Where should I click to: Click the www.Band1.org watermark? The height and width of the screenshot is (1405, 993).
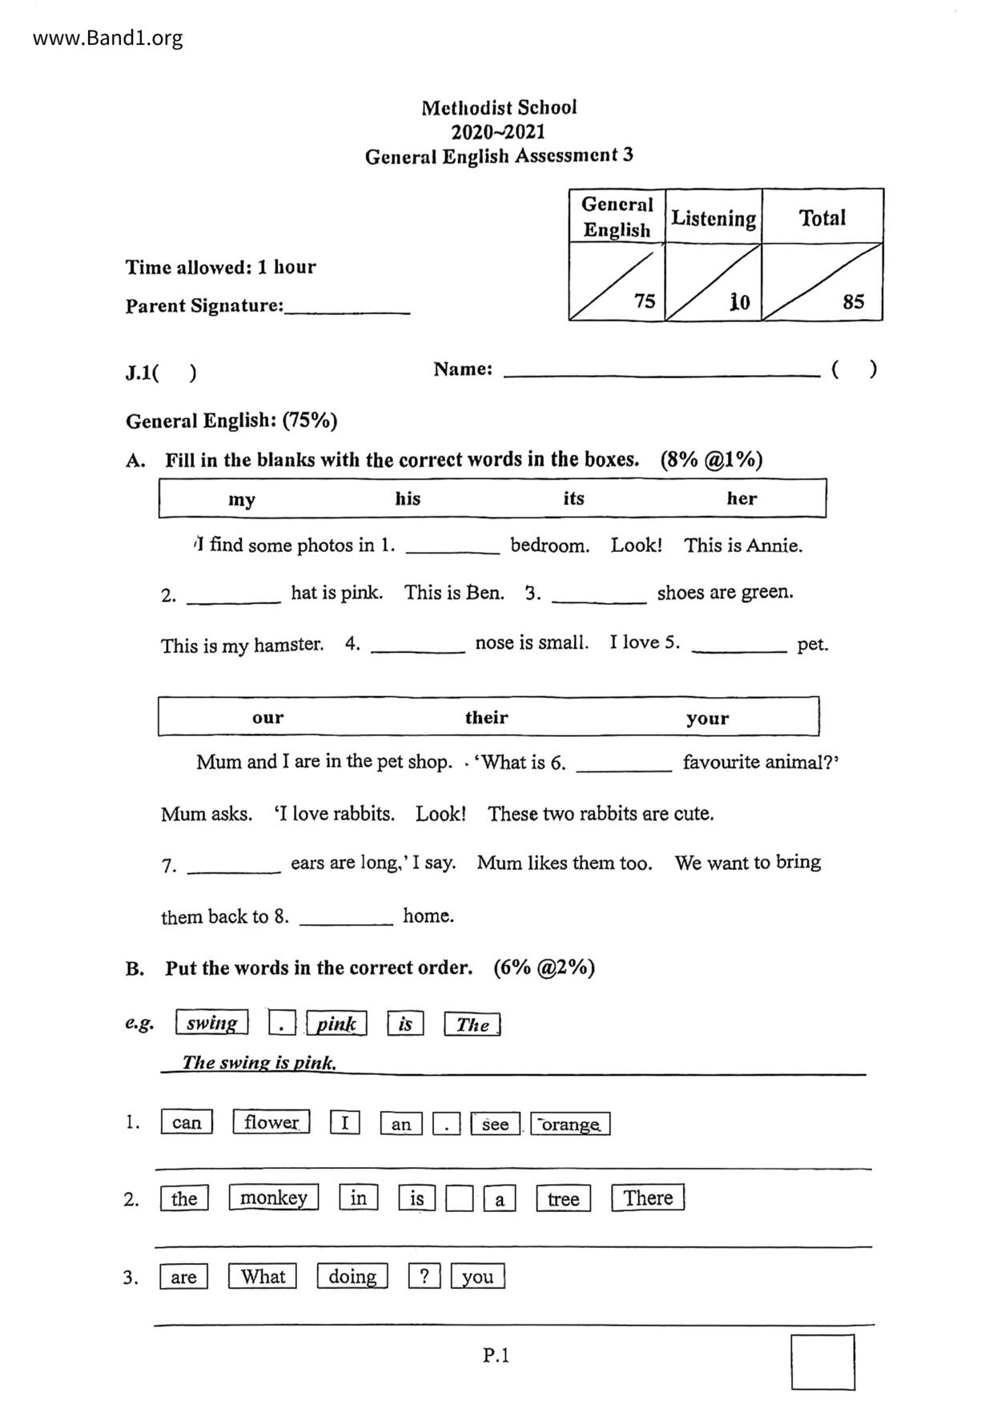pos(107,38)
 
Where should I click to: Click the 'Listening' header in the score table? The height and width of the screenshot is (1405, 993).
pos(713,218)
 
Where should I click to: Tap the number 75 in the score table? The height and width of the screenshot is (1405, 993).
pos(644,301)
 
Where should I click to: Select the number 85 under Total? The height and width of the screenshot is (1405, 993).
pos(853,301)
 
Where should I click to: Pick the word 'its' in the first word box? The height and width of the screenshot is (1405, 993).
pos(573,498)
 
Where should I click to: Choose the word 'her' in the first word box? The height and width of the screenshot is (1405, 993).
pos(742,498)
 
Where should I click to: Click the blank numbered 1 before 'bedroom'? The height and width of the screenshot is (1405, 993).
pos(452,549)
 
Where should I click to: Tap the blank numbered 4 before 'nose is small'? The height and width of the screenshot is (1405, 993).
pos(417,647)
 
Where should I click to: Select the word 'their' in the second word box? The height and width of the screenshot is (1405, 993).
pos(486,717)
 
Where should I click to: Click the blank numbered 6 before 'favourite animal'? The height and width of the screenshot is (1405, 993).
pos(624,766)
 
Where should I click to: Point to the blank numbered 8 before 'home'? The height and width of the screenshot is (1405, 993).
pos(346,920)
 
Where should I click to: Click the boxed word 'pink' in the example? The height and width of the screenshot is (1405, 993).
pos(336,1024)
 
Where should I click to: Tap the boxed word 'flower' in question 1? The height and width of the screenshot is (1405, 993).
pos(271,1122)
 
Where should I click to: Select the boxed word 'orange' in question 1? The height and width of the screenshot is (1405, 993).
pos(570,1124)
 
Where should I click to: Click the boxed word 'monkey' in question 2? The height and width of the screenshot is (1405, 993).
pos(273,1198)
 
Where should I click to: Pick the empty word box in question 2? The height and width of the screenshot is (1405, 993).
pos(459,1199)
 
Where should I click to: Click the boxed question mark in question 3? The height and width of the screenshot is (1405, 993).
pos(424,1275)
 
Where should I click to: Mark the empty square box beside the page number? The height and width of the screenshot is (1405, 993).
pos(822,1362)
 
